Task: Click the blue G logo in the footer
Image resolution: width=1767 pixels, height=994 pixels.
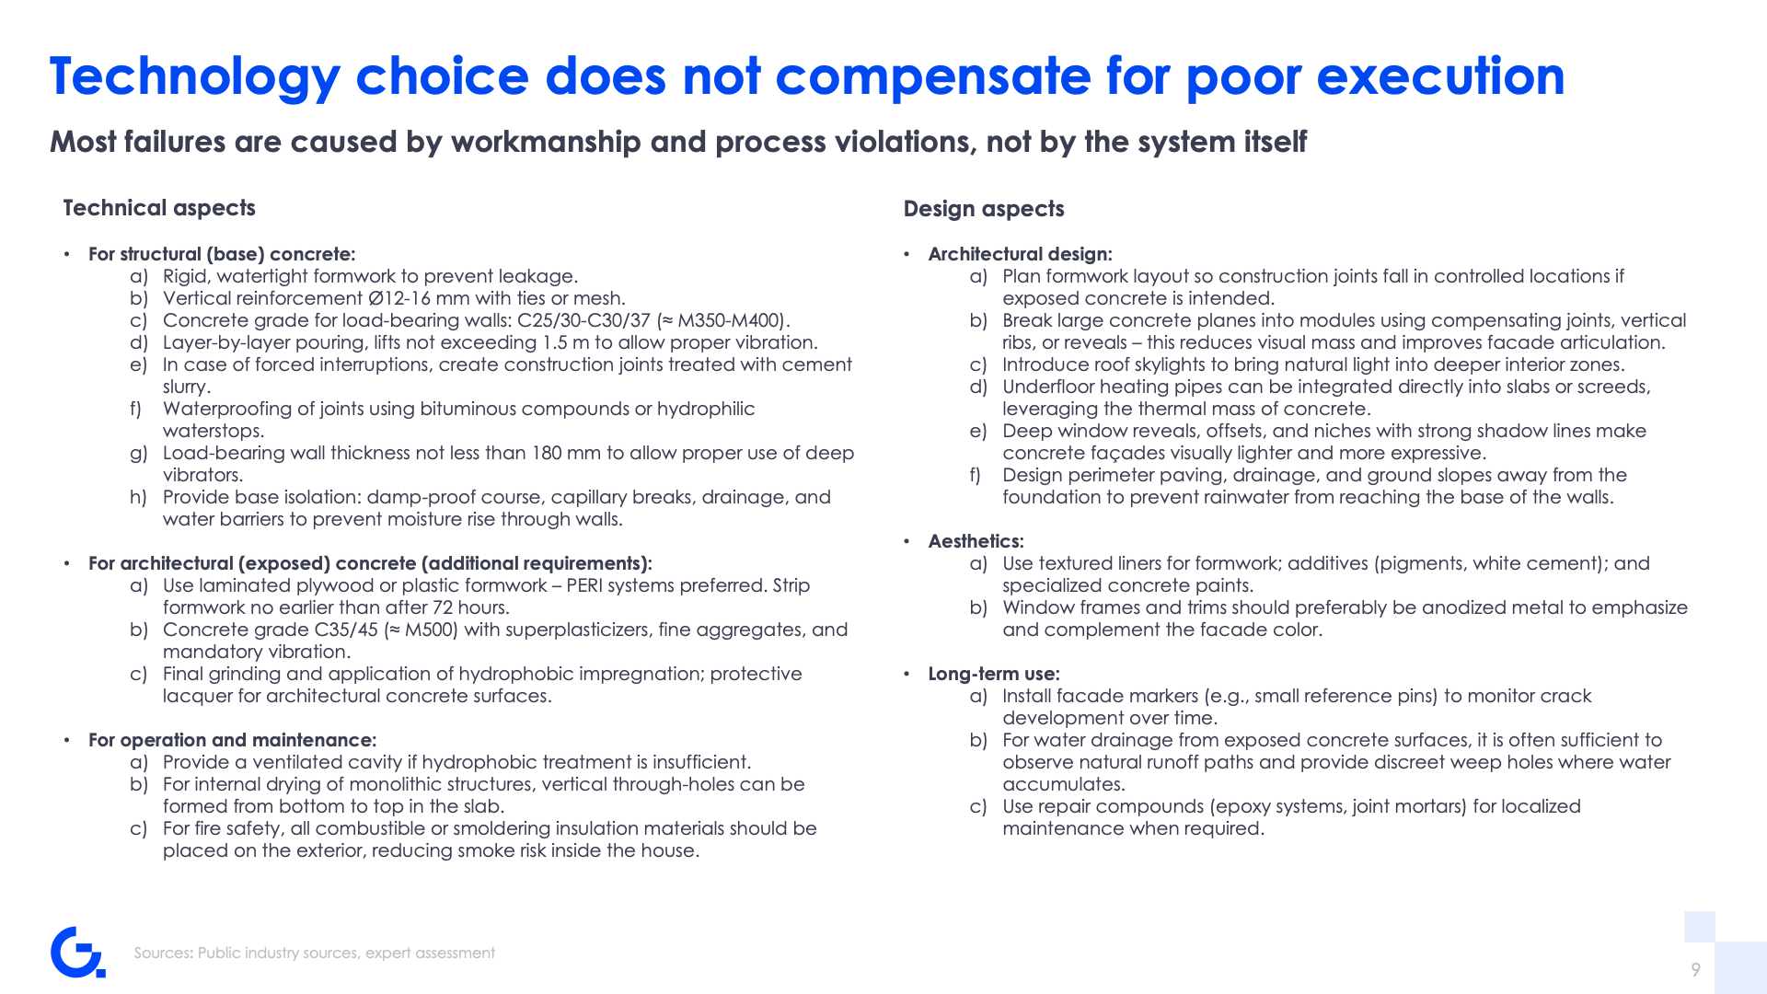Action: pos(77,953)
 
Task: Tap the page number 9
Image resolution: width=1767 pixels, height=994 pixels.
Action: pos(1695,969)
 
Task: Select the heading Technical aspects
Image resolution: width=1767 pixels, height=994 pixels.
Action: pos(159,208)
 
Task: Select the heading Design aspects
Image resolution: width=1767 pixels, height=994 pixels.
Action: pos(984,209)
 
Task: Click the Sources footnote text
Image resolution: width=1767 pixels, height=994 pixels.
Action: pos(315,953)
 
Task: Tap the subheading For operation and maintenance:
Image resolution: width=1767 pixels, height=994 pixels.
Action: pos(233,740)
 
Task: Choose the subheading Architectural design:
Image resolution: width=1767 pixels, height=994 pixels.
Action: pos(1021,254)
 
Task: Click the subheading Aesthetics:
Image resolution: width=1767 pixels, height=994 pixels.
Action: pos(976,541)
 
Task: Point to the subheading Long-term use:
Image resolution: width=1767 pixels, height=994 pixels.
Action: pos(994,674)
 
